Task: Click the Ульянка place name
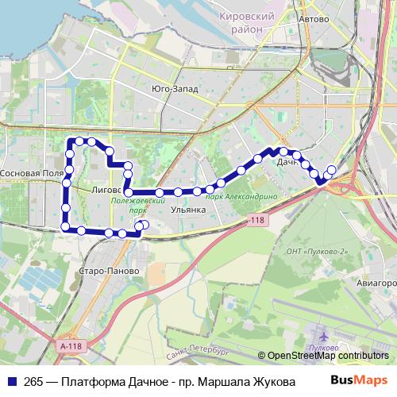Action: (188, 210)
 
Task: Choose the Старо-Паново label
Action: (110, 271)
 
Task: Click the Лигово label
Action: (106, 191)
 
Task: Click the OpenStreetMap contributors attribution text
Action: (327, 357)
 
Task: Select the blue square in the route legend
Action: (13, 381)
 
